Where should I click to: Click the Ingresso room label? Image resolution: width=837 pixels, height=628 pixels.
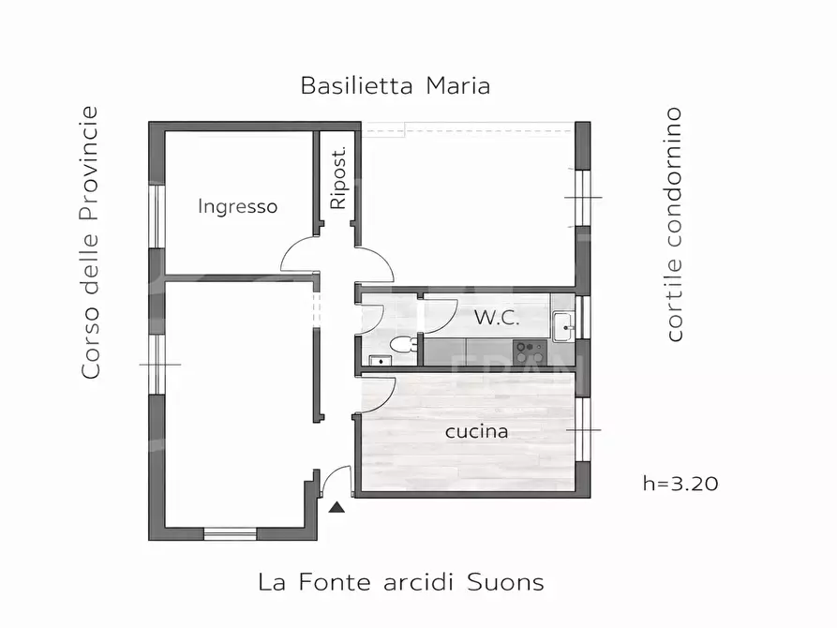[x=237, y=206]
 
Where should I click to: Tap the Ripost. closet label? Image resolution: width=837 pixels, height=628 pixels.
[x=338, y=177]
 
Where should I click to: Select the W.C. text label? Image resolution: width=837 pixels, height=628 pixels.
[x=496, y=317]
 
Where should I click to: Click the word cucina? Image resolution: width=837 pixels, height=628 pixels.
[x=476, y=431]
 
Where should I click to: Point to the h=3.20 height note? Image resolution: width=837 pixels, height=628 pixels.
[x=680, y=484]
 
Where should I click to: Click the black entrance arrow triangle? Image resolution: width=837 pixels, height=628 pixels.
[x=336, y=507]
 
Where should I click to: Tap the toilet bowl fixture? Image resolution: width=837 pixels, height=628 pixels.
[x=402, y=345]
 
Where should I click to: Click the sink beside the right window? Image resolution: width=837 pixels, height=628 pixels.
[x=562, y=325]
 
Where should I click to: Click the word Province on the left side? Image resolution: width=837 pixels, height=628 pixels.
[x=90, y=164]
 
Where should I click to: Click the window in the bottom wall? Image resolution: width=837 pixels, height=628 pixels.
[x=230, y=533]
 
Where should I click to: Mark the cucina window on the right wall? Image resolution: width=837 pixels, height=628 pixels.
[x=583, y=429]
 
